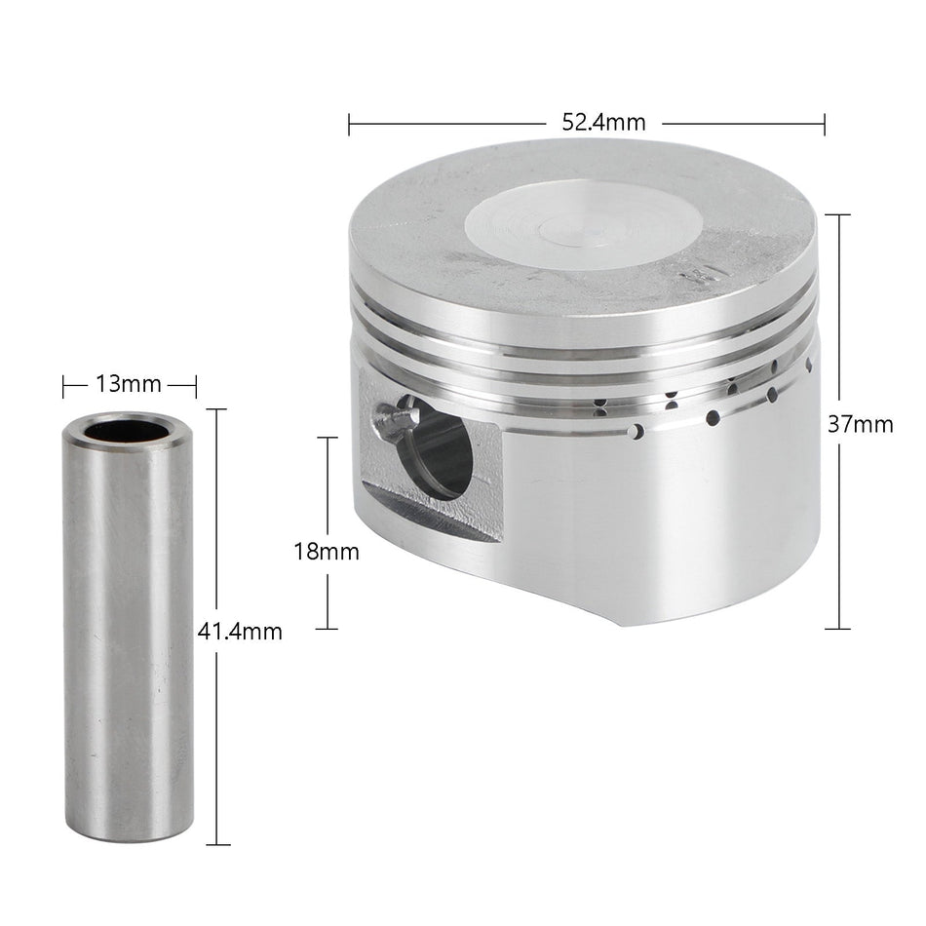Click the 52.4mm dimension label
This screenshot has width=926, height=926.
[x=602, y=123]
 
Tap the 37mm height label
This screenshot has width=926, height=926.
[x=861, y=424]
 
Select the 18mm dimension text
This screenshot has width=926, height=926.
[x=327, y=552]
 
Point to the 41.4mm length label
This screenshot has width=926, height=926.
[x=240, y=632]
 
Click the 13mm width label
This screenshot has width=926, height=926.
[x=128, y=384]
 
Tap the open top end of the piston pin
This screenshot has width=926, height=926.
[x=128, y=430]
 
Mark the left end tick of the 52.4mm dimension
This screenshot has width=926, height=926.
[x=349, y=124]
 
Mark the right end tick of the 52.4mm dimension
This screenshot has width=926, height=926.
[x=825, y=124]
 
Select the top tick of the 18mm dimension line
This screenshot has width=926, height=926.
[x=327, y=438]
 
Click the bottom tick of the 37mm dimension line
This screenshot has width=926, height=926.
[x=838, y=629]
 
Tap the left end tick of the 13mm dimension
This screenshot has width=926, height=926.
[x=63, y=386]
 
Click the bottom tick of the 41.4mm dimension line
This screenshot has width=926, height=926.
[x=216, y=844]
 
